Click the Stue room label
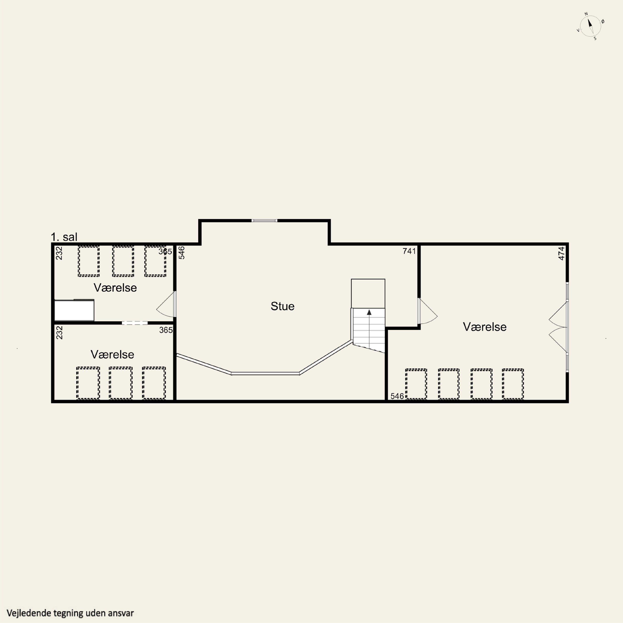coord(282,306)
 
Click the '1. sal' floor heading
coord(64,237)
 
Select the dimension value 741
coord(409,251)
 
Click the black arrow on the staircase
coord(369,312)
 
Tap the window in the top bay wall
coord(264,221)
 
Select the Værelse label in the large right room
coord(485,327)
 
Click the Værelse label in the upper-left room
coord(115,288)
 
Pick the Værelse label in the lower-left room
coord(112,354)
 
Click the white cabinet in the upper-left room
coord(74,310)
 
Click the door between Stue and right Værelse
coord(427,311)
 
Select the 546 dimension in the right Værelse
coord(397,396)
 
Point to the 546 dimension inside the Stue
coord(182,253)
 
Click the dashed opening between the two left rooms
coord(135,323)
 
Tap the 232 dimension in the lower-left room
coord(59,332)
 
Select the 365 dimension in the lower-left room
coord(166,330)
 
